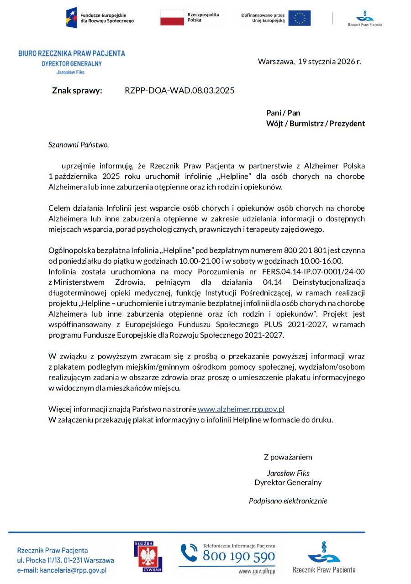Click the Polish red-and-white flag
pos(172,17)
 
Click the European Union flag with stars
pos(300,18)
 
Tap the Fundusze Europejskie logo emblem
pos(71,17)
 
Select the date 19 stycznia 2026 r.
pos(329,61)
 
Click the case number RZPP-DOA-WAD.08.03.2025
pos(179,90)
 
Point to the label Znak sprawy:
pos(77,90)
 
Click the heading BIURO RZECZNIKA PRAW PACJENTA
pos(72,53)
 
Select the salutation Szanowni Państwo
pos(79,145)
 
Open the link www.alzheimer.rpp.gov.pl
pos(241,409)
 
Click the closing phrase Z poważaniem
pos(288,457)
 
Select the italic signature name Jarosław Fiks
pos(288,473)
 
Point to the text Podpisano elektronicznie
pos(288,501)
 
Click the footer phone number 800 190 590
pos(239,556)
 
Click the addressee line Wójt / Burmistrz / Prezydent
pos(315,124)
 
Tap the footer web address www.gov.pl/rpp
pos(257,571)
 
